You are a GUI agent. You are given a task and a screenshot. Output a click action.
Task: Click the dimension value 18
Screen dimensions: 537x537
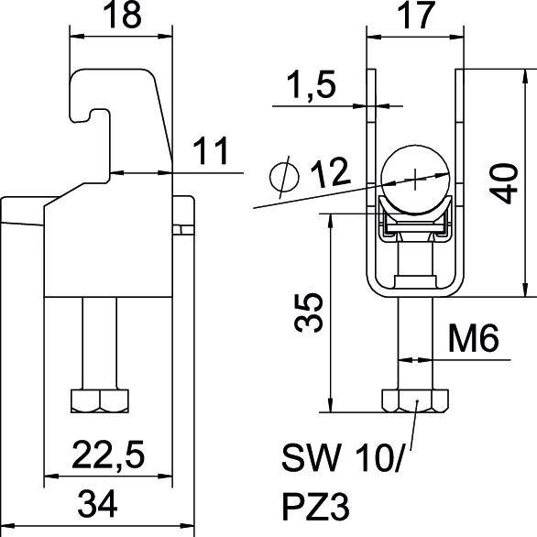coord(122,16)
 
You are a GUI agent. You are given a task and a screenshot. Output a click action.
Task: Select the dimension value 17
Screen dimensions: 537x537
coord(416,16)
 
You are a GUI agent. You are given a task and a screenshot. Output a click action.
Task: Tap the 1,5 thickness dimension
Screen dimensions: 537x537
coord(311,85)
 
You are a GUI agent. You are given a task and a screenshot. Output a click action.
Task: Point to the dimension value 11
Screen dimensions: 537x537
coord(211,151)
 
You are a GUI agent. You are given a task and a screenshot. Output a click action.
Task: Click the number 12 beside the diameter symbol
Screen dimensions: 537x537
coord(331,172)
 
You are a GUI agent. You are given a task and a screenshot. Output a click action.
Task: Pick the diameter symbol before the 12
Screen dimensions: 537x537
coord(284,177)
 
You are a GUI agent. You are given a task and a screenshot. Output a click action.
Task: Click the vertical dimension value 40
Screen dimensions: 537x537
coord(503,183)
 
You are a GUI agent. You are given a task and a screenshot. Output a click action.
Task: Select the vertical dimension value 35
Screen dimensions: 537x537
coord(308,312)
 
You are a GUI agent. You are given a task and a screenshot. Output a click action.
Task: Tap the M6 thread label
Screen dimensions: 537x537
coord(474,339)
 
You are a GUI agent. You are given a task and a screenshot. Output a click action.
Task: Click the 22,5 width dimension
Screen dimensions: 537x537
coord(108,455)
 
